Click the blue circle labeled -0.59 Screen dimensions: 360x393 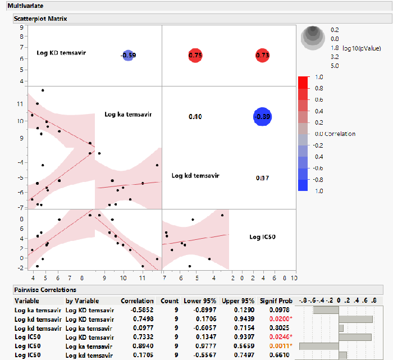pos(128,55)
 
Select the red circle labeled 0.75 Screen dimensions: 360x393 pos(195,55)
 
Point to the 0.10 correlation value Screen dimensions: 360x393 pos(195,116)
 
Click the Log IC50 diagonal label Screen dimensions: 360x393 pos(262,236)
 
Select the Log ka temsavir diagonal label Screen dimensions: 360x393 pos(129,115)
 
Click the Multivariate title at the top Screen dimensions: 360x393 pos(22,5)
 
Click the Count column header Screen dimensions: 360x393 pos(169,300)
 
